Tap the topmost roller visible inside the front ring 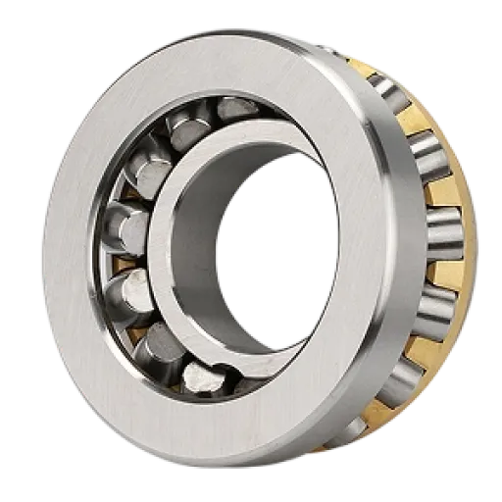[x=232, y=109]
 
